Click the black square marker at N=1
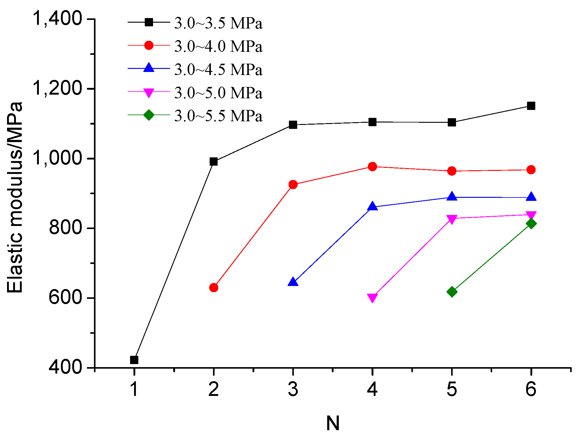click(x=134, y=360)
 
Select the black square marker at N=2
click(x=214, y=162)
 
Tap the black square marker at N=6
click(x=531, y=106)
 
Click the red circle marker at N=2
click(x=214, y=288)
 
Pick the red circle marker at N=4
click(x=372, y=167)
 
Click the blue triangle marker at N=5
click(x=452, y=197)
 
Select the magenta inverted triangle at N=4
click(x=372, y=298)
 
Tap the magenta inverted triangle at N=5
click(x=452, y=219)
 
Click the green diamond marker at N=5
click(x=452, y=291)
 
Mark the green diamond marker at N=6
click(x=531, y=224)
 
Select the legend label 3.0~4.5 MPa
click(x=218, y=70)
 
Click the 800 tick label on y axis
click(x=65, y=228)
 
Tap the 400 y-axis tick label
click(x=65, y=367)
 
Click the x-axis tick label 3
click(x=293, y=389)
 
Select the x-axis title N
click(x=333, y=423)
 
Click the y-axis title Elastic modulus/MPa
click(x=15, y=197)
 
